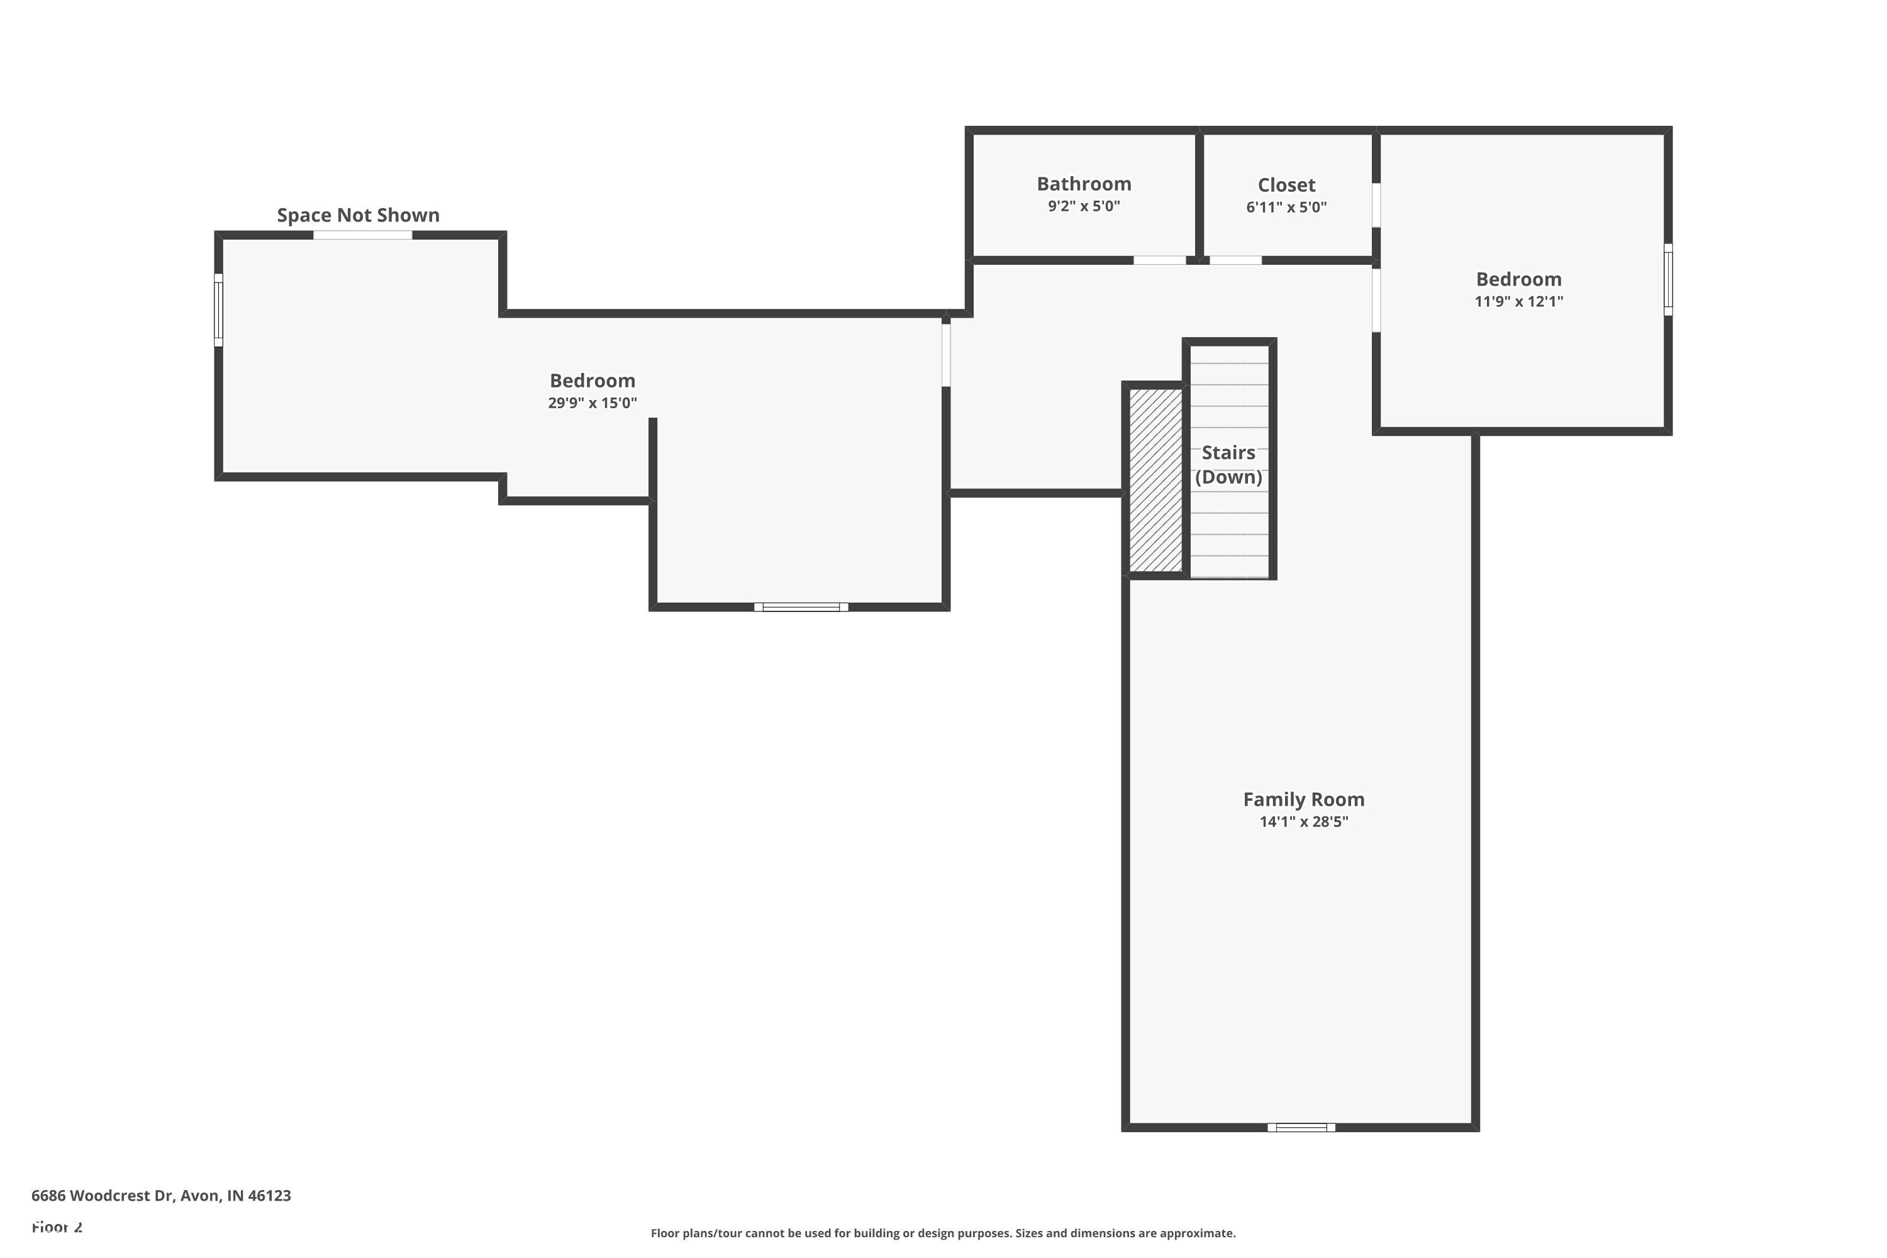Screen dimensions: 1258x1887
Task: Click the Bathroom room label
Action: [x=1084, y=184]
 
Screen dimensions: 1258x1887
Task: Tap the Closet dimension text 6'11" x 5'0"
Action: [x=1286, y=207]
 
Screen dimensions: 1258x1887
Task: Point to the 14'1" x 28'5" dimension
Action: [x=1304, y=821]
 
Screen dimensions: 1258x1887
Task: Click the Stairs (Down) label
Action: [x=1228, y=465]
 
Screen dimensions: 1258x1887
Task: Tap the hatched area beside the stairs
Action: [x=1155, y=481]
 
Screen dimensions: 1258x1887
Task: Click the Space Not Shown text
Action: [x=358, y=215]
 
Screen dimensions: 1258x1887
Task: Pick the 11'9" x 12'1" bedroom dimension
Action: [x=1519, y=302]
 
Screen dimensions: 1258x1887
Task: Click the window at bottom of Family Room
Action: [x=1301, y=1127]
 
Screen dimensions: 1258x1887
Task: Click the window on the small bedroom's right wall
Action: [x=1668, y=279]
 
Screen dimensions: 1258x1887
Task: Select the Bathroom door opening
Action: [x=1159, y=260]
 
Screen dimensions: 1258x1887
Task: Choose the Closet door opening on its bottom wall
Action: [x=1235, y=260]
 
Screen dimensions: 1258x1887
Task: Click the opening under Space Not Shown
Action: [x=363, y=235]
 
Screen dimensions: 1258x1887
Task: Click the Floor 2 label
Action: [x=57, y=1227]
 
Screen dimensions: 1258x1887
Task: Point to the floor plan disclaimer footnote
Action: [x=943, y=1233]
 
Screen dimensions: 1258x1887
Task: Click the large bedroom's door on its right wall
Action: [x=946, y=355]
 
